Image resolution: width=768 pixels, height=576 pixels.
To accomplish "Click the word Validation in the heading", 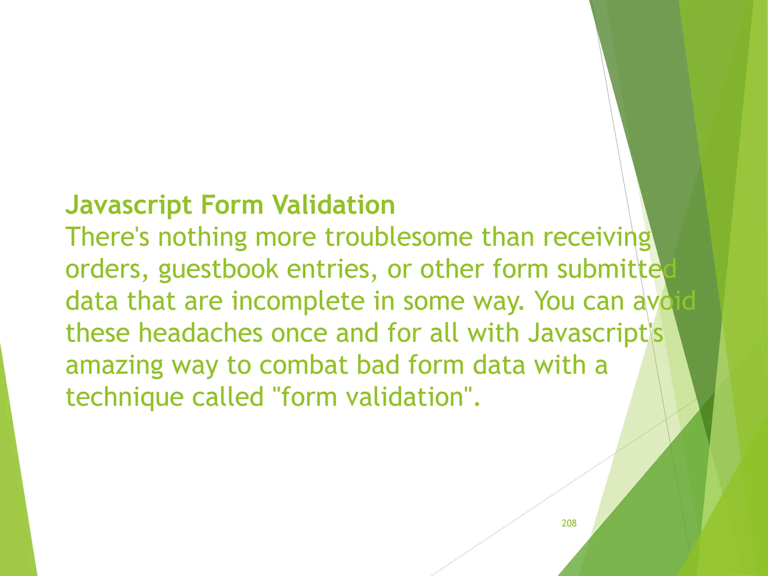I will (333, 205).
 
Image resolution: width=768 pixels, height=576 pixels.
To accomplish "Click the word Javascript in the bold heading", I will (129, 205).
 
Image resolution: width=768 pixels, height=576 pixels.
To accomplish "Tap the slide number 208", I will (569, 523).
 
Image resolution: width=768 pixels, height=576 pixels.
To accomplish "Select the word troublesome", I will (399, 237).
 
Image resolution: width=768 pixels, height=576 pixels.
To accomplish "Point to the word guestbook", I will (218, 269).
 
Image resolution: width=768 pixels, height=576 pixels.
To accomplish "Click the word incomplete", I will (298, 301).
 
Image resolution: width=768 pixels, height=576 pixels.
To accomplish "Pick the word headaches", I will (200, 333).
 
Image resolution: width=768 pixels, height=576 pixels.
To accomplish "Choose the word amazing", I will (114, 365).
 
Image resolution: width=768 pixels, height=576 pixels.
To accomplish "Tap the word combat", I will (303, 365).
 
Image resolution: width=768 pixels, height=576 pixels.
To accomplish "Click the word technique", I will (124, 397).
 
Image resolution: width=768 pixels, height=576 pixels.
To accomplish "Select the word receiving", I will (597, 237).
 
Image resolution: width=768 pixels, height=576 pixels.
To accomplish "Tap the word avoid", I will (664, 301).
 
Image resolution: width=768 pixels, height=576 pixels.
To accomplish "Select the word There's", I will (108, 237).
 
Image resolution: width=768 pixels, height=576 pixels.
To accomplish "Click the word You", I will (554, 301).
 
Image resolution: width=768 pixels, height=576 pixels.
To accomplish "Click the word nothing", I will (202, 237).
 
